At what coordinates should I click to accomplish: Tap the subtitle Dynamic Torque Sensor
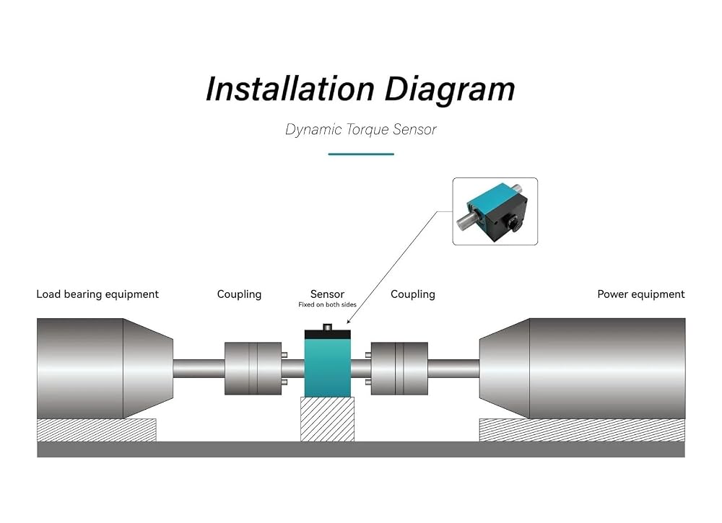(361, 130)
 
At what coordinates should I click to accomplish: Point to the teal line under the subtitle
(361, 154)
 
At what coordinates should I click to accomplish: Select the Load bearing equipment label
(97, 294)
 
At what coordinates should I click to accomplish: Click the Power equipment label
(641, 294)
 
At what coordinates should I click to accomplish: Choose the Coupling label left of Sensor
(239, 294)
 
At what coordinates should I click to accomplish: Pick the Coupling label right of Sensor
(412, 294)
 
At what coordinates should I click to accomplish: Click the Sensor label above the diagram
(327, 294)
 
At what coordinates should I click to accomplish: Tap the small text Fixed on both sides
(327, 304)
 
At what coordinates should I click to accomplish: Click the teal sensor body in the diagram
(328, 368)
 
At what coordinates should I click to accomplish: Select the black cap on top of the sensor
(328, 334)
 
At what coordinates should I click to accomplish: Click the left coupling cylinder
(253, 369)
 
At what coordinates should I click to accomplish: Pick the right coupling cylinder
(399, 369)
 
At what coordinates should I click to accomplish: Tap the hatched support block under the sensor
(327, 420)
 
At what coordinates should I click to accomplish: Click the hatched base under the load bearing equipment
(96, 430)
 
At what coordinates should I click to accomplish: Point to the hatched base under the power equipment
(582, 430)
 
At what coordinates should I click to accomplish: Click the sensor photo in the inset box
(495, 211)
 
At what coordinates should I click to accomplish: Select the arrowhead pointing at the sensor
(349, 321)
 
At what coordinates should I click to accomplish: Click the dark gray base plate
(361, 449)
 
